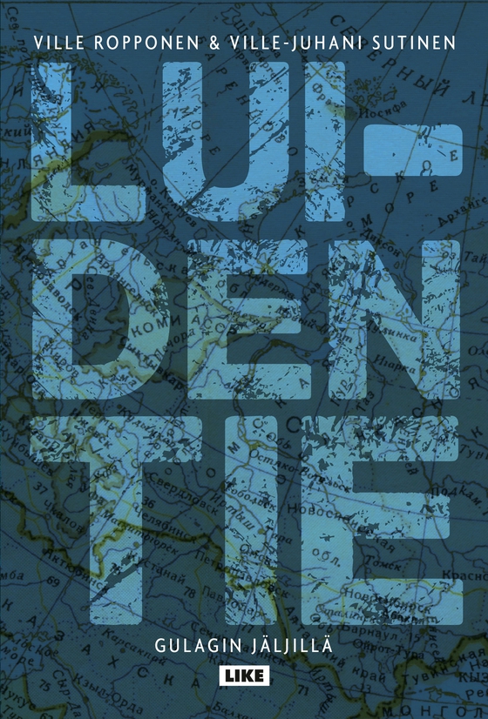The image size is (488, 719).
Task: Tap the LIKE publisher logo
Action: point(244,675)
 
